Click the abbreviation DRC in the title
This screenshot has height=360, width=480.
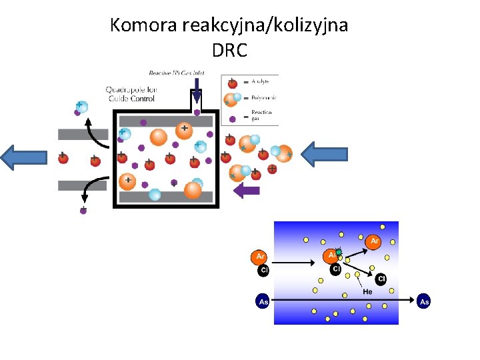pos(229,50)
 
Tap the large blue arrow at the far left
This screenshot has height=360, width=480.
pos(25,157)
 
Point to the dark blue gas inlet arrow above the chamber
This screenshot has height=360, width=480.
pos(197,89)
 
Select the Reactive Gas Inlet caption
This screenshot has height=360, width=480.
pos(177,73)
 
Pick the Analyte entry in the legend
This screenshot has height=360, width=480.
pos(261,81)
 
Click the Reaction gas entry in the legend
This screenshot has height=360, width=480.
pos(261,115)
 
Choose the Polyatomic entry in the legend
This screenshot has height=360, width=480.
pos(261,97)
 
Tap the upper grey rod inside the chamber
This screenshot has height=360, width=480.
pos(165,121)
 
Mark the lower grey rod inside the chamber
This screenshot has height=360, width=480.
pos(165,197)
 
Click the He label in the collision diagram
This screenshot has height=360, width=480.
pos(367,291)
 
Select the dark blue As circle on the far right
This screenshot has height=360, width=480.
pos(424,302)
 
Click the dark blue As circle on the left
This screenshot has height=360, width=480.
pos(263,302)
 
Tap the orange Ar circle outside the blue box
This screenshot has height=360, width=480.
pos(258,256)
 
